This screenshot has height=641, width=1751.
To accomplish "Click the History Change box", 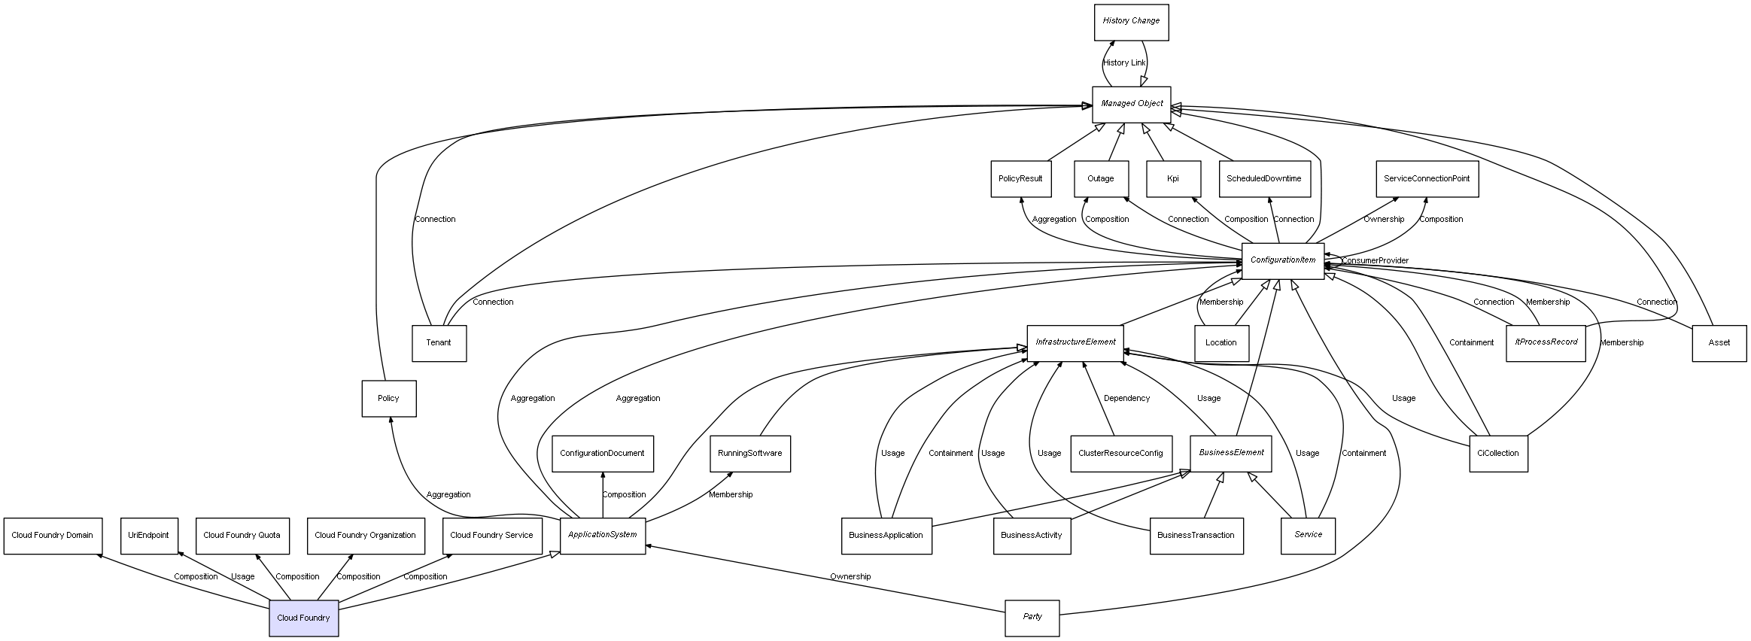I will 1131,22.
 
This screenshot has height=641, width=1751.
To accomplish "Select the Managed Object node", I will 1131,104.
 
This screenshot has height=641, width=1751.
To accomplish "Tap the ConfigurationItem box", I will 1282,260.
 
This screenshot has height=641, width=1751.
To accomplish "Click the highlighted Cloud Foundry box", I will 303,618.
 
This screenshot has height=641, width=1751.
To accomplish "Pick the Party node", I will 1032,617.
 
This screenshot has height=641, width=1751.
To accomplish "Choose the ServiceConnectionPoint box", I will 1427,179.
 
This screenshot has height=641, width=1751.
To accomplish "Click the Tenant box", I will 439,343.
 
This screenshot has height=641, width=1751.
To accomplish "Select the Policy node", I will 388,398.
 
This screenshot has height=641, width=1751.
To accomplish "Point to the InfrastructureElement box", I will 1075,342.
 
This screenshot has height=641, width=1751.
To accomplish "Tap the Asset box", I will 1719,343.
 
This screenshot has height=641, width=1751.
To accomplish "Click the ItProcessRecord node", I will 1546,342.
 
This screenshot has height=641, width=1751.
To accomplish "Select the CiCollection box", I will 1497,454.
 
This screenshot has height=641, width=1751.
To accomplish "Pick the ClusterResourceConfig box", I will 1120,454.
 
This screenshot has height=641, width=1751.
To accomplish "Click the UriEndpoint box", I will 149,536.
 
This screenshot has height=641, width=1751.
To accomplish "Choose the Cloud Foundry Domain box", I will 52,536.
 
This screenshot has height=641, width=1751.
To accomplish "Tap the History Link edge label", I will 1123,63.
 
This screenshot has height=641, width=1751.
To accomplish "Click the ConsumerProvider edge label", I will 1375,261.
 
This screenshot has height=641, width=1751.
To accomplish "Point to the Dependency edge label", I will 1126,399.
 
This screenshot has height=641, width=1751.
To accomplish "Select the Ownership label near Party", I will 850,577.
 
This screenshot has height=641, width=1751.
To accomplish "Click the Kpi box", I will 1172,179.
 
